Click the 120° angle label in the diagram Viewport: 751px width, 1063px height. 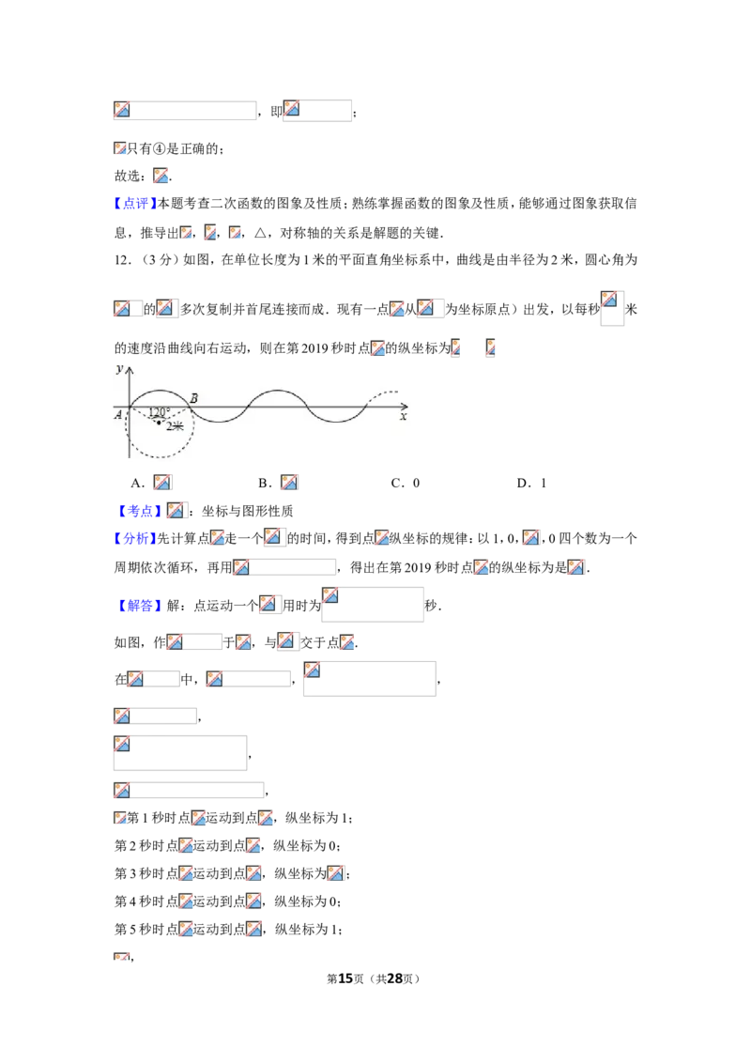pos(160,411)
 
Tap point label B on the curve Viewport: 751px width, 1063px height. pos(193,398)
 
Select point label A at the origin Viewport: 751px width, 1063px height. pos(118,414)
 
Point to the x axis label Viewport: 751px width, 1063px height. pos(404,416)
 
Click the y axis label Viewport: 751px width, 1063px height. pos(120,368)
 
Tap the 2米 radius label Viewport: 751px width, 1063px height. pos(175,425)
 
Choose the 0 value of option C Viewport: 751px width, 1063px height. pos(416,483)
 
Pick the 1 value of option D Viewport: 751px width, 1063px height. pos(543,483)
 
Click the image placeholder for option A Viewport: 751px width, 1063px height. pos(162,482)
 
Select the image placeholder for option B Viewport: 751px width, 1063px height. pos(289,482)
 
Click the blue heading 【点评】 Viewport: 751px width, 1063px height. pos(135,204)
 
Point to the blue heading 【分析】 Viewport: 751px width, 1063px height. pos(135,538)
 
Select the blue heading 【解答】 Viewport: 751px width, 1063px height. pos(140,606)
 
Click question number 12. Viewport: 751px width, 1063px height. pos(122,260)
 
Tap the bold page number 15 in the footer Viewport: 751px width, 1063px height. pos(345,978)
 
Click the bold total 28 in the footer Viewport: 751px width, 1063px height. pos(395,978)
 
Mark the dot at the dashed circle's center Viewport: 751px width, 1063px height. pos(160,423)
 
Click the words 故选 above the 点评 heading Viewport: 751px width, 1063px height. pos(127,177)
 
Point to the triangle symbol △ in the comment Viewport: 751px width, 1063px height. pos(260,233)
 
